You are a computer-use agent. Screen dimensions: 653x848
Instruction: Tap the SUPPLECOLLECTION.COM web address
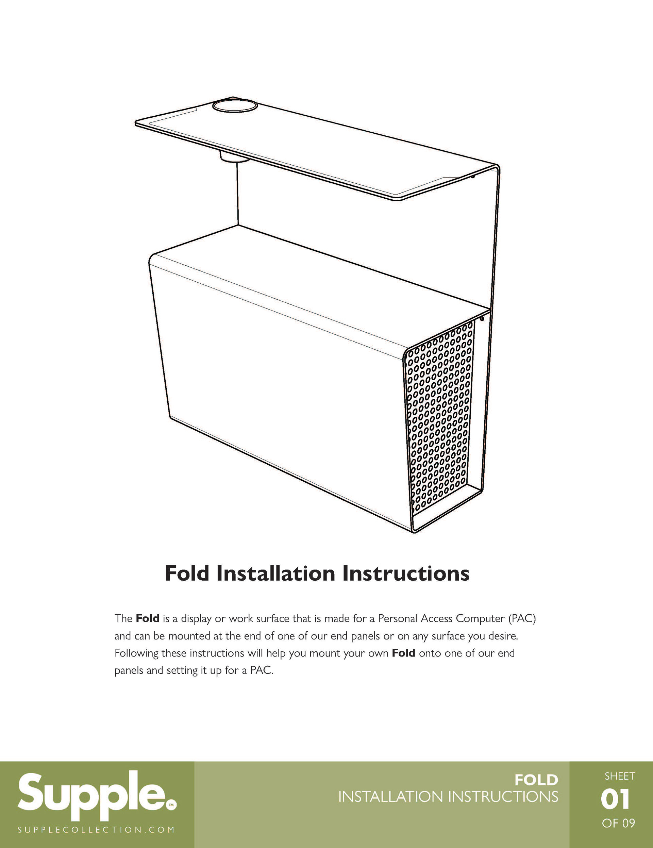click(96, 830)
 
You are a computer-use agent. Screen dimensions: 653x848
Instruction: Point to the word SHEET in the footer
click(620, 776)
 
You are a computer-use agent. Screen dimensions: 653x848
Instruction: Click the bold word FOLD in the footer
click(536, 780)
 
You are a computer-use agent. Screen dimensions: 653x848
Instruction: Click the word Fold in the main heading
click(187, 573)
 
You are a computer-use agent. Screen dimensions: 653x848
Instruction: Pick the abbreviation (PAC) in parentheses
click(522, 618)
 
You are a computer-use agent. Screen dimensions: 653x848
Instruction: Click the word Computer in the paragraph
click(480, 618)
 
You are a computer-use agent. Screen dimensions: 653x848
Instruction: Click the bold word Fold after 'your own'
click(403, 653)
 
